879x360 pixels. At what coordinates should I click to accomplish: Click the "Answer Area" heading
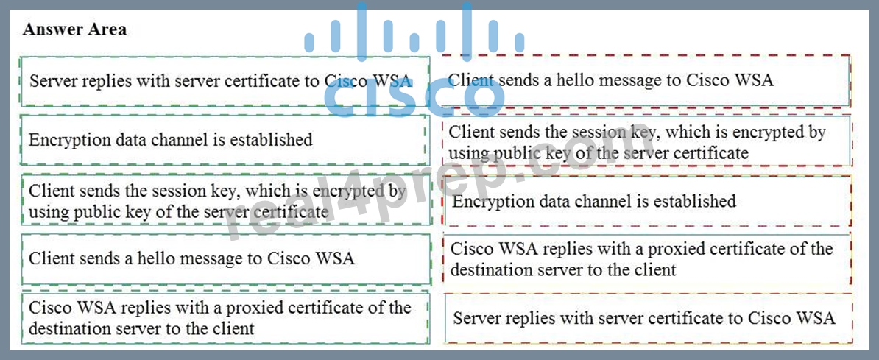point(74,29)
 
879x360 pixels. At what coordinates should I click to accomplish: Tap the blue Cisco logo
point(414,60)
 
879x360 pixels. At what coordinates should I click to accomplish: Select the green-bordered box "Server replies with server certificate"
point(225,81)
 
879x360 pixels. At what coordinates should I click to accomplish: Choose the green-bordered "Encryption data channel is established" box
point(225,140)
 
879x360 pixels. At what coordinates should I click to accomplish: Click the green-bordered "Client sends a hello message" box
point(225,259)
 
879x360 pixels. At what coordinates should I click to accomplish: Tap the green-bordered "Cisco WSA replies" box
point(225,317)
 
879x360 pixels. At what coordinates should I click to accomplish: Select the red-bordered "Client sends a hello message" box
point(646,81)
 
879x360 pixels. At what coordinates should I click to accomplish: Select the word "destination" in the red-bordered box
point(492,269)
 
